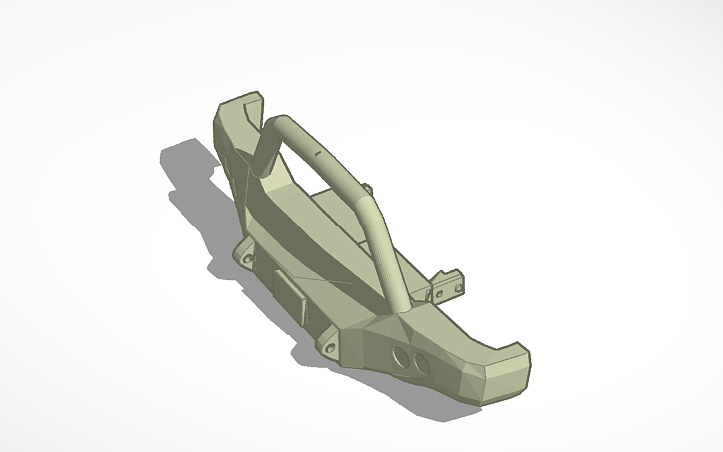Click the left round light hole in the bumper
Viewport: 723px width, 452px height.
[x=401, y=356]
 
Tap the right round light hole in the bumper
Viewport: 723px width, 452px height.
[x=421, y=365]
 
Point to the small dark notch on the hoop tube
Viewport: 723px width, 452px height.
[x=318, y=155]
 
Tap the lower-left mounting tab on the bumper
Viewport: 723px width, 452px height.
[x=244, y=255]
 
